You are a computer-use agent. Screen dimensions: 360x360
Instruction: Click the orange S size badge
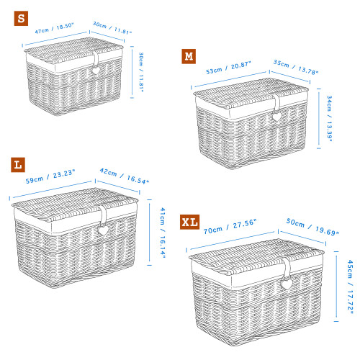[x=21, y=19]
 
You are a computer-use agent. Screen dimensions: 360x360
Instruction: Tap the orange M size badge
[x=189, y=56]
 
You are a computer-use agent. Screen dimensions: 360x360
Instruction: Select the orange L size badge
[x=18, y=165]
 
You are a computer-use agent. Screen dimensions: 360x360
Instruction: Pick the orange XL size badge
[x=189, y=222]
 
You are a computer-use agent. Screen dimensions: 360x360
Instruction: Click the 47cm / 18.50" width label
[x=54, y=28]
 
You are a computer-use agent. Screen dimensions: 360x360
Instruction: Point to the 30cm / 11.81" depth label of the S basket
[x=112, y=28]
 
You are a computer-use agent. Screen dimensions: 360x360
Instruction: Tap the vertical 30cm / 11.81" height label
[x=141, y=72]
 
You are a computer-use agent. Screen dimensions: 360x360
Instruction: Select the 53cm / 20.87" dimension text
[x=228, y=68]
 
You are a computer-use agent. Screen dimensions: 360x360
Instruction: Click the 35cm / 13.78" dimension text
[x=296, y=68]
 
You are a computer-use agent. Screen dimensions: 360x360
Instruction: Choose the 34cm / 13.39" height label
[x=330, y=119]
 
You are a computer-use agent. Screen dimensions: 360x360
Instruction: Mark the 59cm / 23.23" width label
[x=50, y=176]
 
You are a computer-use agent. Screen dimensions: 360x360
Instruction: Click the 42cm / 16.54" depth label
[x=125, y=176]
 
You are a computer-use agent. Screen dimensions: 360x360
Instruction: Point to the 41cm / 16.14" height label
[x=163, y=233]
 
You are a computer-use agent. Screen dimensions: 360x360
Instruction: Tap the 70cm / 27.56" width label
[x=230, y=227]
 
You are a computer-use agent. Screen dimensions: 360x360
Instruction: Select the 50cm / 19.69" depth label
[x=312, y=227]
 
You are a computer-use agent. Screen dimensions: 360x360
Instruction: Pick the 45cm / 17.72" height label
[x=351, y=287]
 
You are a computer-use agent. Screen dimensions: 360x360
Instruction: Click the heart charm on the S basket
[x=95, y=71]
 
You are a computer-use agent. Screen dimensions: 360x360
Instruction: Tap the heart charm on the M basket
[x=276, y=117]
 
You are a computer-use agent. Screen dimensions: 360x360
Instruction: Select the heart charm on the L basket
[x=103, y=230]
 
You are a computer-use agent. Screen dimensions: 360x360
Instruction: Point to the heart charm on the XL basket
[x=287, y=284]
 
